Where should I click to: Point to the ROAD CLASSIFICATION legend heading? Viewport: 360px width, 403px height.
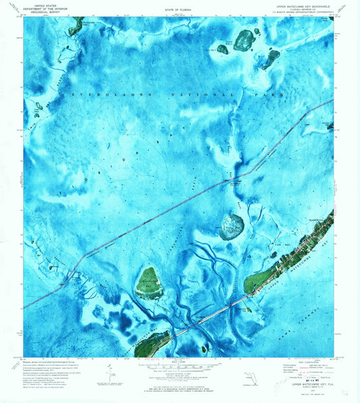303,361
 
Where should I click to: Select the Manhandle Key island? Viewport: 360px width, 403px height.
74,26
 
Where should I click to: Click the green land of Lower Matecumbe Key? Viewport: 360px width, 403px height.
153,343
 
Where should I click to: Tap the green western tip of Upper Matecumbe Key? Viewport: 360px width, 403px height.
251,282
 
